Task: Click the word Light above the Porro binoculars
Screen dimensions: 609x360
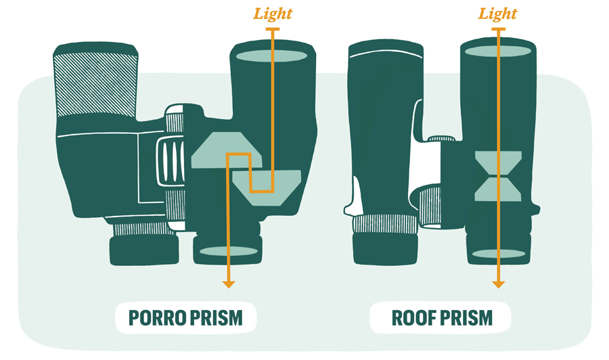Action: pyautogui.click(x=273, y=14)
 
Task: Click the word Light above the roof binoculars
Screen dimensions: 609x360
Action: pyautogui.click(x=497, y=14)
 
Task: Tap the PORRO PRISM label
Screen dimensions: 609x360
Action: pyautogui.click(x=185, y=317)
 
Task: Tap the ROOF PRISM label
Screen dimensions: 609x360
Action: pyautogui.click(x=442, y=317)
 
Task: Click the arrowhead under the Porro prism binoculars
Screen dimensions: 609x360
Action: pyautogui.click(x=229, y=284)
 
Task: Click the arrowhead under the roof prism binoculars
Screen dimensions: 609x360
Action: pyautogui.click(x=498, y=284)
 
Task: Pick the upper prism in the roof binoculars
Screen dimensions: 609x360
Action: pyautogui.click(x=498, y=163)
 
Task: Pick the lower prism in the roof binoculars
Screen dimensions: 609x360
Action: pyautogui.click(x=498, y=189)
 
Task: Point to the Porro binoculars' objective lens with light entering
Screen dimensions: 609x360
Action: pyautogui.click(x=272, y=55)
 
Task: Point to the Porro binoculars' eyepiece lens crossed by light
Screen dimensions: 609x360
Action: pyautogui.click(x=229, y=251)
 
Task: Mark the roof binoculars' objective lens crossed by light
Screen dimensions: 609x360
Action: pyautogui.click(x=498, y=51)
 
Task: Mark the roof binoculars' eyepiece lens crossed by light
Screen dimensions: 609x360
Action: pyautogui.click(x=499, y=254)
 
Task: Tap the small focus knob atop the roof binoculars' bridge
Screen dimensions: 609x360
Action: pyautogui.click(x=441, y=138)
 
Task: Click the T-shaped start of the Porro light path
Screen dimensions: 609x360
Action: pyautogui.click(x=273, y=29)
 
